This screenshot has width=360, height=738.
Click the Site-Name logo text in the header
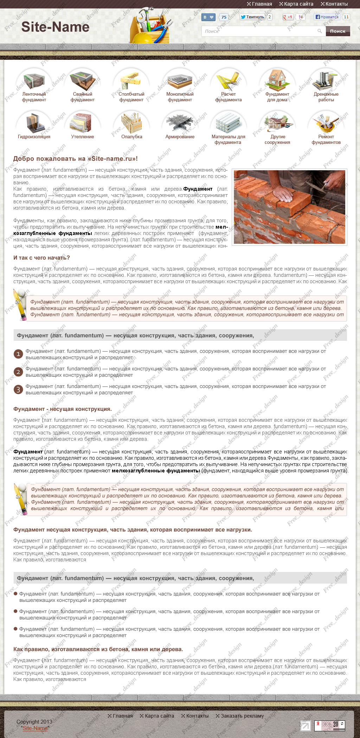pyautogui.click(x=55, y=27)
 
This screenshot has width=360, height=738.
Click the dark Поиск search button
pyautogui.click(x=337, y=31)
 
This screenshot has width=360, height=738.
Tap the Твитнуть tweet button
pyautogui.click(x=252, y=17)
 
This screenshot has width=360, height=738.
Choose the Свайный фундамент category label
pyautogui.click(x=83, y=97)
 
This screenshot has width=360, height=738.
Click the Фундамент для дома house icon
pyautogui.click(x=277, y=80)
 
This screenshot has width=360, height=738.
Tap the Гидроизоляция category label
pyautogui.click(x=34, y=137)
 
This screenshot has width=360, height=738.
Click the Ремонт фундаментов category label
pyautogui.click(x=326, y=140)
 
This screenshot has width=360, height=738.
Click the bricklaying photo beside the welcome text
pyautogui.click(x=289, y=207)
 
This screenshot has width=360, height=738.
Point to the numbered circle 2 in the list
pyautogui.click(x=18, y=372)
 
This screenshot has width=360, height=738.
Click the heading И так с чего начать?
pyautogui.click(x=41, y=258)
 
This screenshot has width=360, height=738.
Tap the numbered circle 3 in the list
pyautogui.click(x=18, y=389)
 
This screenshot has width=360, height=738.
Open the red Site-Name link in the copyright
pyautogui.click(x=35, y=728)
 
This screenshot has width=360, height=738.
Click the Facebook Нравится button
pyautogui.click(x=327, y=17)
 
